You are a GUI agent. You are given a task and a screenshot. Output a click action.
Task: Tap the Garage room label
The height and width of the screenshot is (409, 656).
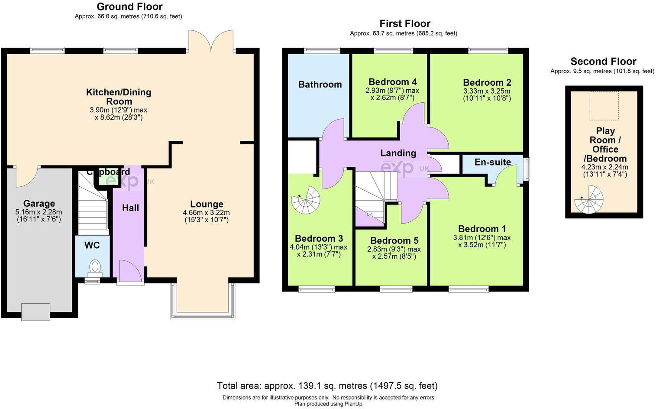(39, 204)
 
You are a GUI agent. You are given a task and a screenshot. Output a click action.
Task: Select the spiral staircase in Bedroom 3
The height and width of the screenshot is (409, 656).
(306, 199)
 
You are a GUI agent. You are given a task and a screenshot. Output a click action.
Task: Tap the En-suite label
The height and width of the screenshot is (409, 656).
(492, 162)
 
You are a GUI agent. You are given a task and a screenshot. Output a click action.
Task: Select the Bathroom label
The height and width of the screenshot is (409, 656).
(320, 84)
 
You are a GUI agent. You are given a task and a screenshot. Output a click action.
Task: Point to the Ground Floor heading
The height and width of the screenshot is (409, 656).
(129, 7)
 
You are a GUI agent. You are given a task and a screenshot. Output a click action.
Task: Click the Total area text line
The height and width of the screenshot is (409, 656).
(327, 386)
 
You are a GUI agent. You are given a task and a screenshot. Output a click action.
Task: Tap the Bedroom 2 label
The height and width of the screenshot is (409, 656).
(487, 82)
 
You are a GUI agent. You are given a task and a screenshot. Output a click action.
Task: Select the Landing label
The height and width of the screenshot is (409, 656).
(398, 153)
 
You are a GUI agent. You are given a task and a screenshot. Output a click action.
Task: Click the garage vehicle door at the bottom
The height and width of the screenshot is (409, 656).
(36, 312)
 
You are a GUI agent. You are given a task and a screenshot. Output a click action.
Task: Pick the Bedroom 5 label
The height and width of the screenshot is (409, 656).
(394, 240)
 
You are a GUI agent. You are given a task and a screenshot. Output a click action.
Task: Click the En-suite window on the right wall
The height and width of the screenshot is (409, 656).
(527, 169)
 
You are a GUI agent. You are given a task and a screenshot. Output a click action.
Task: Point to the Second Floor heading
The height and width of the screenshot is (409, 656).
(603, 62)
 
